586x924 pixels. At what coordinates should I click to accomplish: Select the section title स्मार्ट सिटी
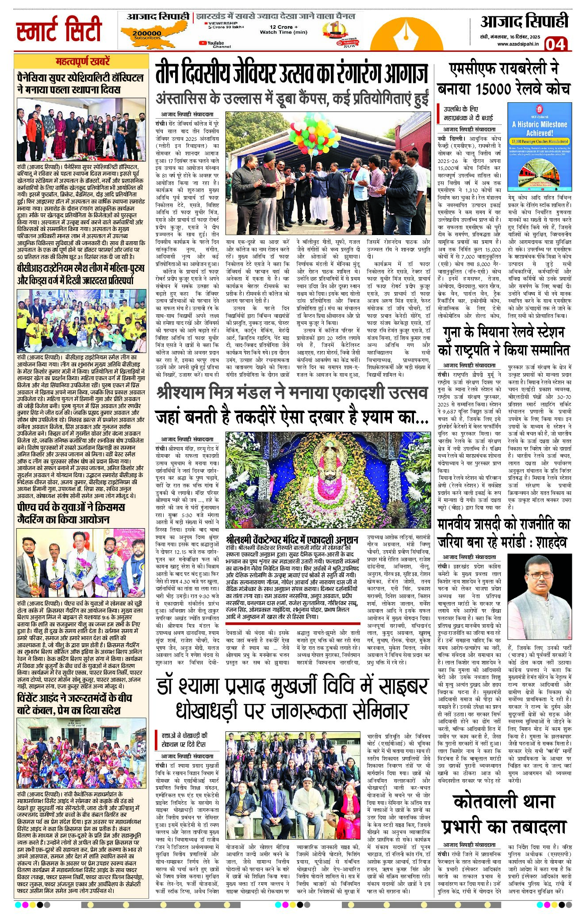(59, 30)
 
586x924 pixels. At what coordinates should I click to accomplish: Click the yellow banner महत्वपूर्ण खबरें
(82, 62)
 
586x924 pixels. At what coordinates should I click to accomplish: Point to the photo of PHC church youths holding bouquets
(82, 563)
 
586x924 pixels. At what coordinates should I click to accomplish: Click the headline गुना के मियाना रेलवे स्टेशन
(504, 341)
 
